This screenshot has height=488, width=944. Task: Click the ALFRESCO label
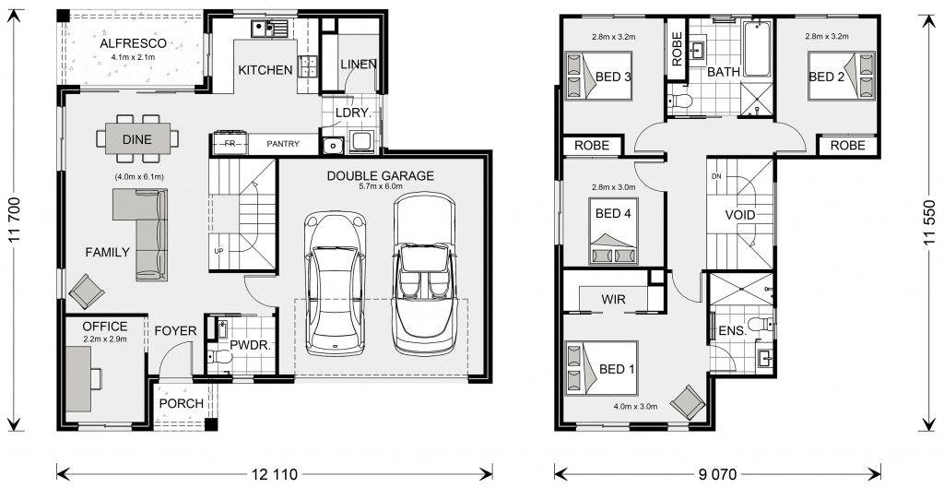pyautogui.click(x=133, y=43)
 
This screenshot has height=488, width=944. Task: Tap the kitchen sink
pyautogui.click(x=270, y=28)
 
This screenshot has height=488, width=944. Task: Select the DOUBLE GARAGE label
pyautogui.click(x=380, y=176)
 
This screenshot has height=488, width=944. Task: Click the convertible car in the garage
pyautogui.click(x=424, y=274)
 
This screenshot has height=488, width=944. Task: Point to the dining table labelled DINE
pyautogui.click(x=137, y=139)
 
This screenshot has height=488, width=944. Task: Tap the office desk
pyautogui.click(x=78, y=379)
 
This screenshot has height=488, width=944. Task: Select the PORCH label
pyautogui.click(x=182, y=404)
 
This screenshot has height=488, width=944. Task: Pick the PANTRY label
pyautogui.click(x=283, y=144)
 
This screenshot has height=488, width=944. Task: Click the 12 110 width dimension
pyautogui.click(x=275, y=474)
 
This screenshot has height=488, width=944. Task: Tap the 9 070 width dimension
pyautogui.click(x=717, y=474)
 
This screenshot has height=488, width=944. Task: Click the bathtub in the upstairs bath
pyautogui.click(x=757, y=49)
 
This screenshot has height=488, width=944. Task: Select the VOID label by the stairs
pyautogui.click(x=740, y=215)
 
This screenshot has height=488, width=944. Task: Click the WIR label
pyautogui.click(x=613, y=300)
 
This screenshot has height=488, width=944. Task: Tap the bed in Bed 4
pyautogui.click(x=613, y=231)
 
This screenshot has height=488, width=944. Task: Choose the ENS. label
pyautogui.click(x=732, y=331)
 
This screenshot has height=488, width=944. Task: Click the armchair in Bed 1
pyautogui.click(x=688, y=401)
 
